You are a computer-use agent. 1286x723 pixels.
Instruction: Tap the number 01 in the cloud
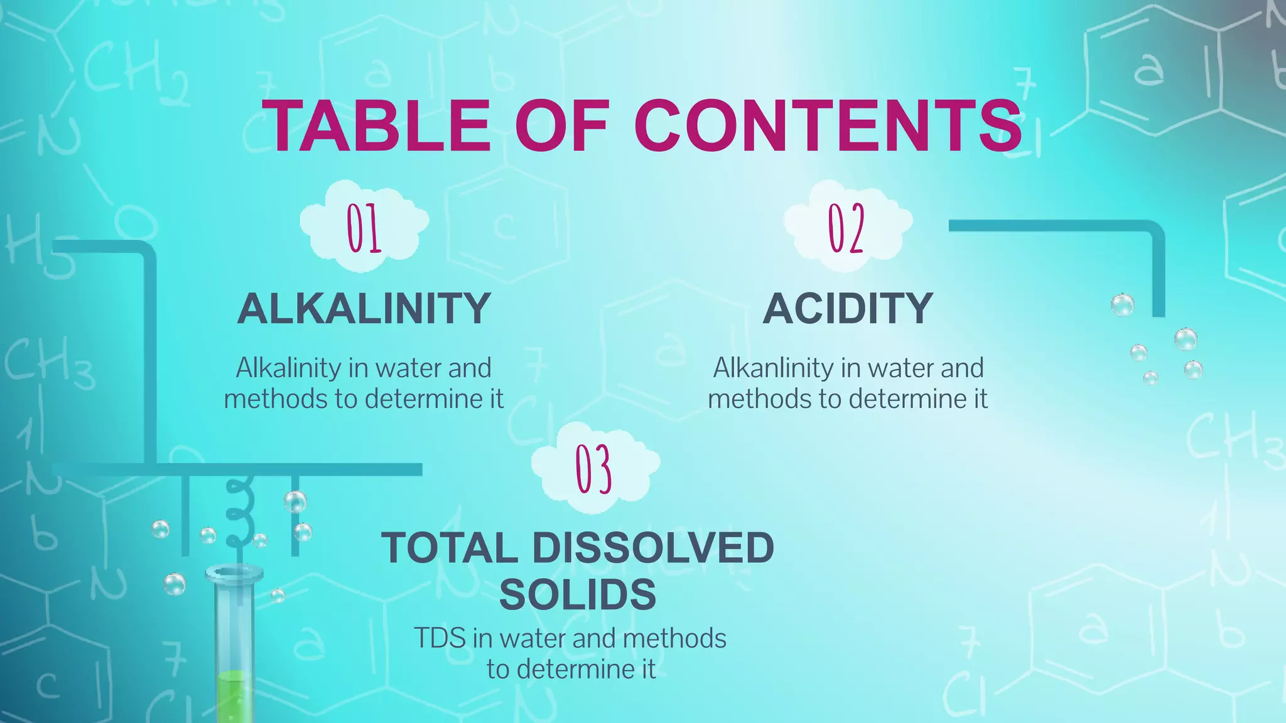tap(364, 228)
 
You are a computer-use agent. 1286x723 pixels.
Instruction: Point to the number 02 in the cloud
tap(846, 228)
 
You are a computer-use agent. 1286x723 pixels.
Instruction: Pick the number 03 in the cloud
tap(594, 469)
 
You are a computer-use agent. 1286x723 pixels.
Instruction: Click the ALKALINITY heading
tap(364, 309)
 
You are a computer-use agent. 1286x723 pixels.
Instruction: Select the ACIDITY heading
tap(848, 309)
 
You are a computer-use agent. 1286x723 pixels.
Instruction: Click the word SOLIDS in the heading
tap(578, 594)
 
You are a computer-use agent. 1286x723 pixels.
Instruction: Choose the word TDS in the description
tap(440, 639)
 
